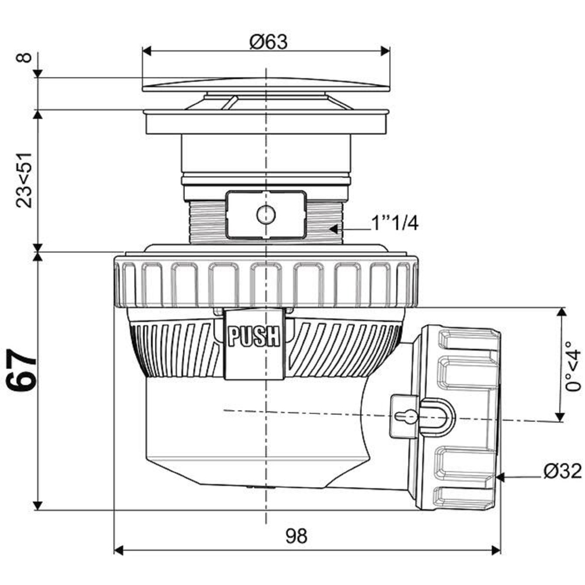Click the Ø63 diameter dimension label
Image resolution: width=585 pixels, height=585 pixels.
tap(269, 42)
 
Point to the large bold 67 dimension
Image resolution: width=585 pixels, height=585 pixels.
tap(22, 370)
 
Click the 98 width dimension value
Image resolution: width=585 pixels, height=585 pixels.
tap(297, 536)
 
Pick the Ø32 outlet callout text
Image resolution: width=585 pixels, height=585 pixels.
tap(563, 471)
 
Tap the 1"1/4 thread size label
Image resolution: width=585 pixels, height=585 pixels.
tap(394, 223)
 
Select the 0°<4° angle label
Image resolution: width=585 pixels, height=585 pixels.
tap(573, 365)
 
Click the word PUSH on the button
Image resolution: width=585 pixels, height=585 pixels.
tap(254, 336)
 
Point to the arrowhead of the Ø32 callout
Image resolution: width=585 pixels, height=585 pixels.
tap(501, 477)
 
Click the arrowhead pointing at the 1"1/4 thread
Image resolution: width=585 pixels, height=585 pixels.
tap(333, 228)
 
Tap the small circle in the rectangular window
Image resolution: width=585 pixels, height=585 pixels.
tap(266, 215)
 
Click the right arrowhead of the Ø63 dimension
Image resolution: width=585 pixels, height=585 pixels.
tap(385, 51)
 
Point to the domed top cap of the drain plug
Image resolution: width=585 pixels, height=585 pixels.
tap(266, 84)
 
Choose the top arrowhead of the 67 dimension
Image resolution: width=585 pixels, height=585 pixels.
tap(37, 257)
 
